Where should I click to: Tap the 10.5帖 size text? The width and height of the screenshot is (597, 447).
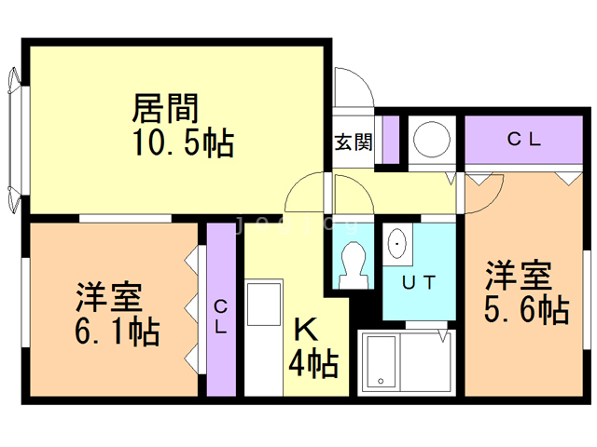[183, 143]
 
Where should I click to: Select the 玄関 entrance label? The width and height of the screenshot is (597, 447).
[354, 142]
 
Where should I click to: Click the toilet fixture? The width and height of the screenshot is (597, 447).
[354, 264]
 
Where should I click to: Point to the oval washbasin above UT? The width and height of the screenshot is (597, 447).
[398, 245]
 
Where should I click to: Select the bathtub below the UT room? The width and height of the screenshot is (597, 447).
[405, 362]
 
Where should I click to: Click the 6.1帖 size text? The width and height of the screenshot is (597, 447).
[117, 332]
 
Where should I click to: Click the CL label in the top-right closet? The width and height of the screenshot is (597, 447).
[524, 140]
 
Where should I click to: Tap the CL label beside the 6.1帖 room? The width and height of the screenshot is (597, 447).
[221, 316]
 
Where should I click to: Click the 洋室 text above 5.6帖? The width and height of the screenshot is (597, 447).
[518, 276]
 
